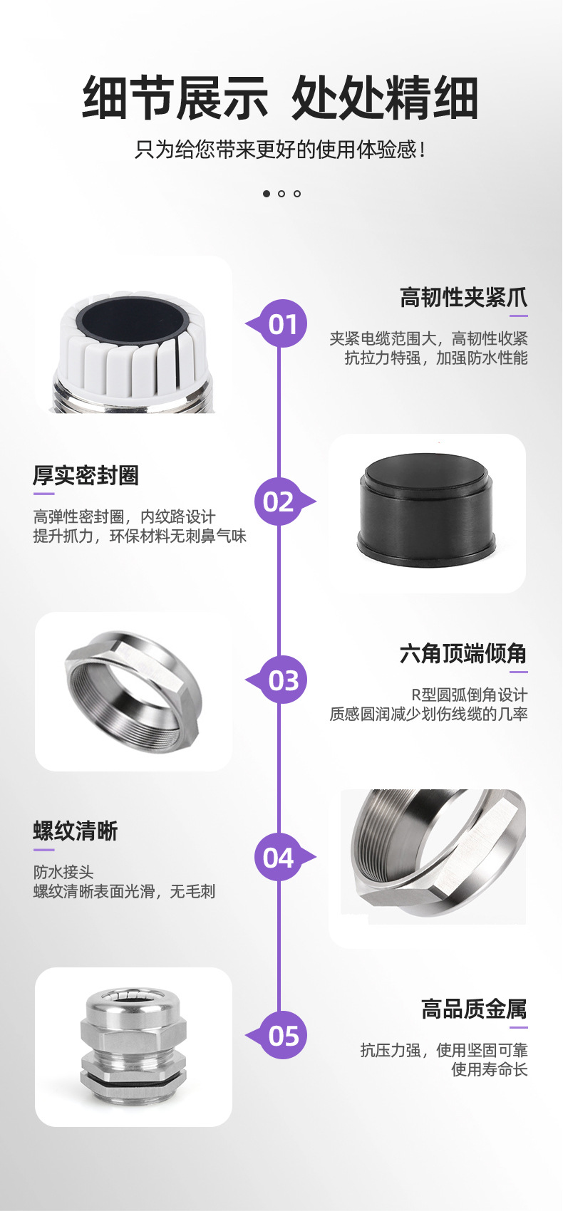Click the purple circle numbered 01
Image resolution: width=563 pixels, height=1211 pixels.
point(283,323)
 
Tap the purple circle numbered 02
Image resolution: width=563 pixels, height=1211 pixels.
point(279,501)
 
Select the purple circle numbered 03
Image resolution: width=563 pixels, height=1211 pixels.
point(283,680)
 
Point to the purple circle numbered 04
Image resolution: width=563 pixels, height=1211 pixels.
point(279,857)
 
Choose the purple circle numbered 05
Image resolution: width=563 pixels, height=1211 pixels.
point(283,1035)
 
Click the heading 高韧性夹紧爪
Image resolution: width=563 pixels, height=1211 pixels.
point(463,297)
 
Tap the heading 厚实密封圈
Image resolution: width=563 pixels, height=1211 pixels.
point(86,475)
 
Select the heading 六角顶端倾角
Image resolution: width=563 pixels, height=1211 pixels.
point(463,653)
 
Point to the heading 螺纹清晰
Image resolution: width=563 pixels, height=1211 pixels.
point(75,831)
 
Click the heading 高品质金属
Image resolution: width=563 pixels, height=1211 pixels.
point(474,1008)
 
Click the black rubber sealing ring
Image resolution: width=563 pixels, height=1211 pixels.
point(426,510)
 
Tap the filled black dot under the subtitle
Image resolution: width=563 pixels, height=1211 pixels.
point(266,194)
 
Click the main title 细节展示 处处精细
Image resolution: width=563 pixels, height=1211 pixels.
point(280,98)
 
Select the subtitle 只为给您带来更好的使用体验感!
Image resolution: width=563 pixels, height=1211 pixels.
point(279,149)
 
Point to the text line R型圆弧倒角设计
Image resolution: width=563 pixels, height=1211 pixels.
point(470,695)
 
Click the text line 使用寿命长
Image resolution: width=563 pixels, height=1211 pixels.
point(490,1069)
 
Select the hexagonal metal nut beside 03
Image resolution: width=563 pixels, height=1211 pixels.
point(133,690)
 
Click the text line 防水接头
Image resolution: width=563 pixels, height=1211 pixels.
point(63,872)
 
